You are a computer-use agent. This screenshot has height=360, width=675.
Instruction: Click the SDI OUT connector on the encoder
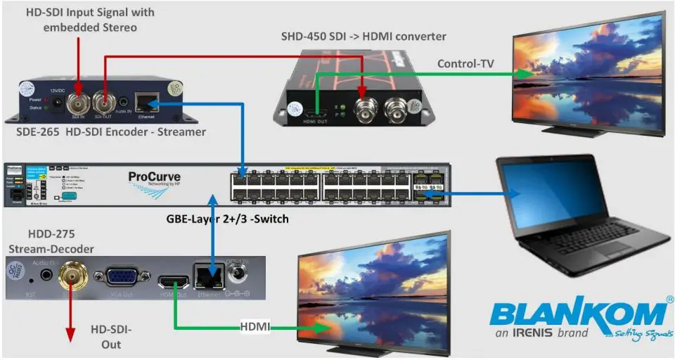point(104,105)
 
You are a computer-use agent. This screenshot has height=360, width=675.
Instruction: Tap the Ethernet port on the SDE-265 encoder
point(146,103)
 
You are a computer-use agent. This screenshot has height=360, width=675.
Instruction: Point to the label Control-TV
point(465,63)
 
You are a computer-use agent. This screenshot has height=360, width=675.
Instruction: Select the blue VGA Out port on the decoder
point(121,278)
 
